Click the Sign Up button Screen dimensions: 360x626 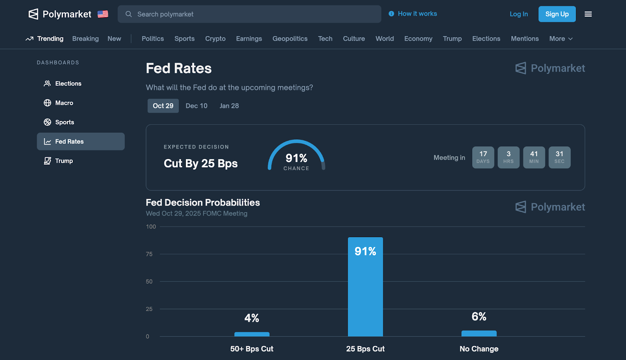pos(557,14)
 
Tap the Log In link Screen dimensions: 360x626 pos(518,14)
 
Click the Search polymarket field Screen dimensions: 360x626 pos(249,14)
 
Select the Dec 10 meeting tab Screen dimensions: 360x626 pos(196,106)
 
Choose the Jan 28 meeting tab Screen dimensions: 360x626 pos(229,106)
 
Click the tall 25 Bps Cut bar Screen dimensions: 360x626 pos(365,290)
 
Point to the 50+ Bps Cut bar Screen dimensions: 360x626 pos(252,334)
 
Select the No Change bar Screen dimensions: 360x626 pos(479,333)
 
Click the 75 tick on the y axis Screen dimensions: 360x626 pos(149,254)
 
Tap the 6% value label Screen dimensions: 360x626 pos(479,317)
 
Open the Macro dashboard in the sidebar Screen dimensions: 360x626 pos(64,103)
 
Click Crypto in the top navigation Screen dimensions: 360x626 pos(215,39)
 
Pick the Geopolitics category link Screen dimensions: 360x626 pos(290,39)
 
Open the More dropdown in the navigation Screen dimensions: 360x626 pos(561,39)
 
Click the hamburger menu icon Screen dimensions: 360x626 pos(588,14)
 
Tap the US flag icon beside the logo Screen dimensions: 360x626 pos(103,14)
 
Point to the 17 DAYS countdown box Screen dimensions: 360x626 pos(483,157)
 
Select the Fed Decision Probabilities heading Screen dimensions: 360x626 pos(203,202)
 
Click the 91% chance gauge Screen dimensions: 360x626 pos(296,157)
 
